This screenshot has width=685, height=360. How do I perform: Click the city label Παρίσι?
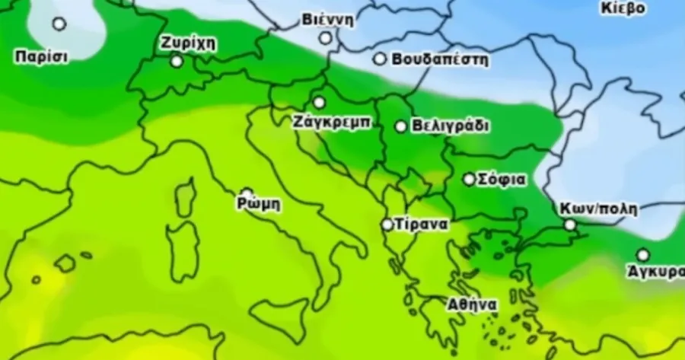coord(41,56)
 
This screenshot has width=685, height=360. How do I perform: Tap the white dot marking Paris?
coord(59,24)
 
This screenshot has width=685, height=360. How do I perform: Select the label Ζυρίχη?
coord(188,43)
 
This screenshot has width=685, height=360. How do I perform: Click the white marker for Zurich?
coord(177,61)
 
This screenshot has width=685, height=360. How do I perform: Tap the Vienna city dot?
coord(325,37)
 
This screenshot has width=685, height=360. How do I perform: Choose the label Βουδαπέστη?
coord(440,59)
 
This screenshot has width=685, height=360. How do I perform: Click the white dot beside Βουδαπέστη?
coord(379,59)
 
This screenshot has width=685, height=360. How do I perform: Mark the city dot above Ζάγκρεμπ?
coord(319,102)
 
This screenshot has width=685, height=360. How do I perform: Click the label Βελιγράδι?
coord(450,126)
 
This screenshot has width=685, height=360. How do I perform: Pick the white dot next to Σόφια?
coord(470,180)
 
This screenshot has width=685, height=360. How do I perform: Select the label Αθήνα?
coord(472,304)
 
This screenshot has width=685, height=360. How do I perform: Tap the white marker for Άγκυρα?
coord(643,255)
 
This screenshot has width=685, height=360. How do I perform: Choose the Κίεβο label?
coord(623,8)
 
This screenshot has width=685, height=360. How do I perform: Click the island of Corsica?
coord(185,199)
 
